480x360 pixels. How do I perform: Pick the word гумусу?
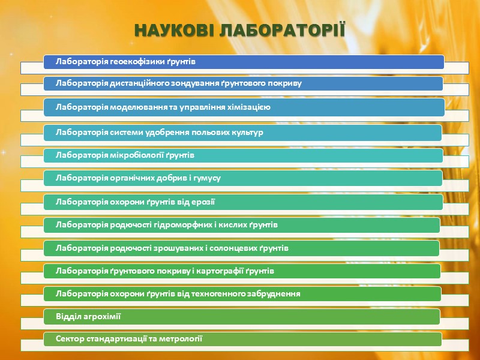click(208, 178)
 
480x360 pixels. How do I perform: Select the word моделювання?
click(134, 107)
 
